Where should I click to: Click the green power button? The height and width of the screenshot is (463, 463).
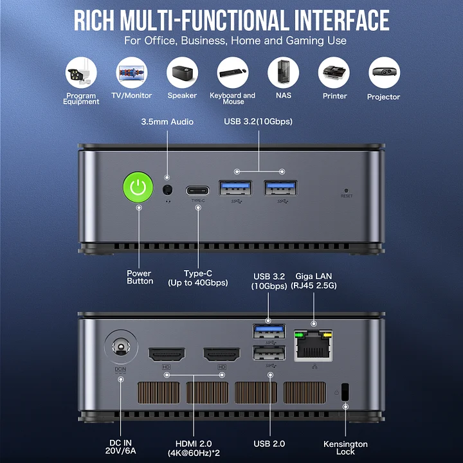(138, 187)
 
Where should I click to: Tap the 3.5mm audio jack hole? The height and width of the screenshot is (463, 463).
(167, 190)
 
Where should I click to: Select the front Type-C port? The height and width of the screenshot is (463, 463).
(197, 190)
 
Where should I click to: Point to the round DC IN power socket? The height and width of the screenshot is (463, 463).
(121, 347)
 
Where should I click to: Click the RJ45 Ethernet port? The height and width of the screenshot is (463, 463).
(313, 345)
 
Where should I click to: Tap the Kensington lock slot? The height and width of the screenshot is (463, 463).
(345, 392)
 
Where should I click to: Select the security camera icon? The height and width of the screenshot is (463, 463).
(81, 73)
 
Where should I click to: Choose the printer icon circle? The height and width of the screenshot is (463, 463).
(334, 73)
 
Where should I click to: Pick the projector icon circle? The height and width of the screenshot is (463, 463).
(384, 73)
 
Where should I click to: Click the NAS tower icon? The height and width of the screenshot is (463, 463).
(283, 73)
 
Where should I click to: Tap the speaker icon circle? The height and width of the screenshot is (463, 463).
(182, 73)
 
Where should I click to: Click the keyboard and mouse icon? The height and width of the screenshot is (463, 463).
(233, 73)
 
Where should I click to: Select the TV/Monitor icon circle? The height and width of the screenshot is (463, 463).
(132, 73)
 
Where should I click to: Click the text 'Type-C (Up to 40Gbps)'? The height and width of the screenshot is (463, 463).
(198, 278)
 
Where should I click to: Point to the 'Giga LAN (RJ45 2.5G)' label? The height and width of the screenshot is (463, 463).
(314, 281)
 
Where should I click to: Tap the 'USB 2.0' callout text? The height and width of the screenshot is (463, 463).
(269, 444)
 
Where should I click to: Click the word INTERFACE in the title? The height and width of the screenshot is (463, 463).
(341, 20)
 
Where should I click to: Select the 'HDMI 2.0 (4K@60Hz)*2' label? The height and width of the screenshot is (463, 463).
(194, 448)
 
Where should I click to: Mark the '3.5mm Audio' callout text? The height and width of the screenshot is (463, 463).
(167, 122)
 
